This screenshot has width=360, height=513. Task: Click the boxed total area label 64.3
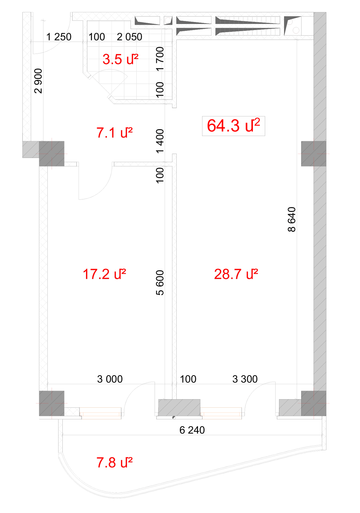(233, 126)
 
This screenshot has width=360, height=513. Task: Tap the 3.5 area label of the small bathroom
(120, 59)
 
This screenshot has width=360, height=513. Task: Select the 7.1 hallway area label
(114, 133)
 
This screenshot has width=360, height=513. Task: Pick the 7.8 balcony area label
(114, 462)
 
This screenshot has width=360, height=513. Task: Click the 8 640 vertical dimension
(292, 219)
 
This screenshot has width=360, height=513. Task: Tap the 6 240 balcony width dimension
(192, 430)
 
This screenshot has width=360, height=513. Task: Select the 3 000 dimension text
(110, 379)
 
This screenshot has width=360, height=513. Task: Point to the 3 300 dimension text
(245, 379)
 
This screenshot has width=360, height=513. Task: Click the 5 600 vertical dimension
(160, 282)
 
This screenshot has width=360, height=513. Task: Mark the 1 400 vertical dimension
(160, 141)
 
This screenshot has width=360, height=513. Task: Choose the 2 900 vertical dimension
(38, 81)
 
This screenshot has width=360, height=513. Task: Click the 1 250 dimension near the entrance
(59, 37)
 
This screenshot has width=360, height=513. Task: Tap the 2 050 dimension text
(130, 37)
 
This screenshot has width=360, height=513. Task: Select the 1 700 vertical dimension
(160, 59)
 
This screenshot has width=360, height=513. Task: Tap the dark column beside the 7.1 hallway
(52, 154)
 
